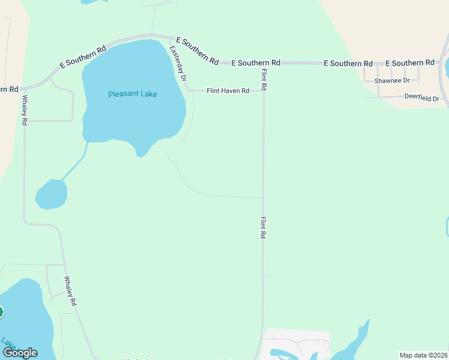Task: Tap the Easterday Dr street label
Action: point(179,64)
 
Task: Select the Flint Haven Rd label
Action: point(228,91)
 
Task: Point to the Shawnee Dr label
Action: point(391,80)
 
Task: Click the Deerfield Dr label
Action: point(421,98)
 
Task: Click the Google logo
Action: point(20,353)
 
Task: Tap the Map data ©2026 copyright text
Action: point(423,355)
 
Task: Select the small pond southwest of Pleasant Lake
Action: point(51,194)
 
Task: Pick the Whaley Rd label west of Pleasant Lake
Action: point(25,110)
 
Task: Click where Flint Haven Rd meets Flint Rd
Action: point(263,91)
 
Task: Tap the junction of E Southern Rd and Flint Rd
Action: point(263,62)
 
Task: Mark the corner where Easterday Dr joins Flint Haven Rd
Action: point(188,91)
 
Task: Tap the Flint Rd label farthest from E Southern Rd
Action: point(263,228)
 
